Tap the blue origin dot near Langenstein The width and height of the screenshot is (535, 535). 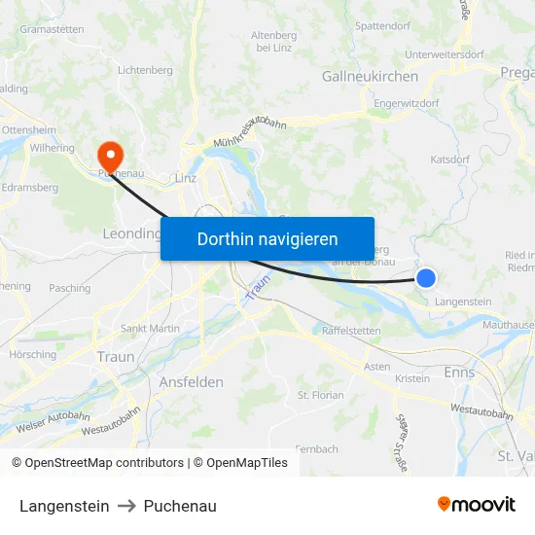[x=426, y=278]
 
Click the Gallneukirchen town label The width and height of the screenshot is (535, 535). [x=370, y=76]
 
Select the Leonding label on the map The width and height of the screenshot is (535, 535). [x=130, y=233]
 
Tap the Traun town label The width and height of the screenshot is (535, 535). [x=116, y=357]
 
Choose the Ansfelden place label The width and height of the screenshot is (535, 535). [x=191, y=382]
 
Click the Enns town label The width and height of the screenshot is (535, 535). [x=458, y=373]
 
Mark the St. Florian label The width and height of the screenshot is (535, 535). [x=321, y=396]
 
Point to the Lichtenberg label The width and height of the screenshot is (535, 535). [x=145, y=70]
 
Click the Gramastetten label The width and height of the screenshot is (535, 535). [x=52, y=29]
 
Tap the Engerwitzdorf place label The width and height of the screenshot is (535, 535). [x=407, y=101]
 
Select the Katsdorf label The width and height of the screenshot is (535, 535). [x=450, y=158]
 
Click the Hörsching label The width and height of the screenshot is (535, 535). [x=32, y=354]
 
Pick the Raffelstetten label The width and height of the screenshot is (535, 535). [x=351, y=331]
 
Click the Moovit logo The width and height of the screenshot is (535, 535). [x=476, y=505]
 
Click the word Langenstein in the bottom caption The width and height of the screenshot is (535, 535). [x=64, y=506]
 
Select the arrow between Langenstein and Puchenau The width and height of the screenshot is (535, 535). [x=126, y=506]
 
